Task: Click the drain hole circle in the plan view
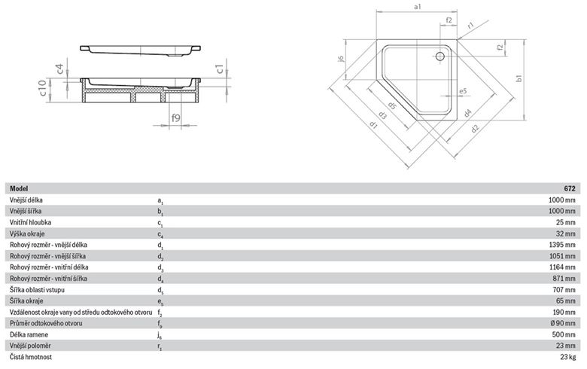[x=440, y=56]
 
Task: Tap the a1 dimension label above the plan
[x=418, y=6]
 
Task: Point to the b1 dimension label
[x=519, y=78]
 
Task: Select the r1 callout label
[x=470, y=26]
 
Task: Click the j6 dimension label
[x=340, y=59]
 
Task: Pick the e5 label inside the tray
[x=463, y=91]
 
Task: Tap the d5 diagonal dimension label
[x=391, y=106]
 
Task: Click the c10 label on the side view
[x=43, y=88]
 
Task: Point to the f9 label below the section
[x=175, y=117]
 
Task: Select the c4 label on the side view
[x=59, y=69]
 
